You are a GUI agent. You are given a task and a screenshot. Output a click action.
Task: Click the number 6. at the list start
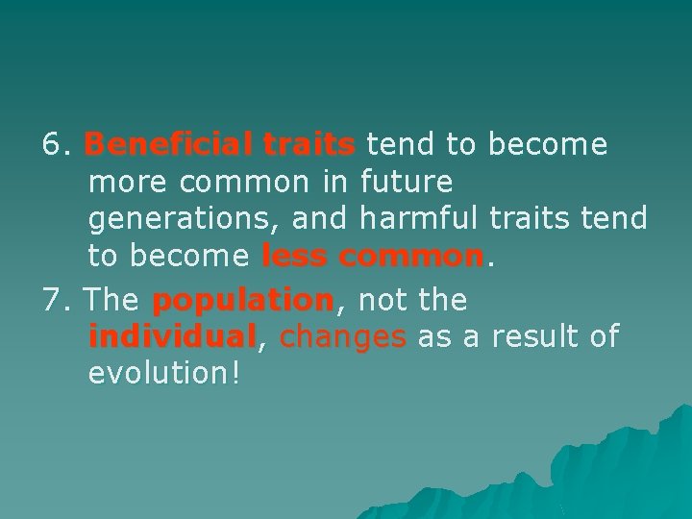pyautogui.click(x=59, y=145)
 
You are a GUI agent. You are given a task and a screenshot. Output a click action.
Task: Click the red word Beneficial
pyautogui.click(x=169, y=145)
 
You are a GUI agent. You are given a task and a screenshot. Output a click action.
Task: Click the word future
pyautogui.click(x=405, y=182)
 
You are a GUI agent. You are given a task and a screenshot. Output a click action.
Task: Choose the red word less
pyautogui.click(x=294, y=257)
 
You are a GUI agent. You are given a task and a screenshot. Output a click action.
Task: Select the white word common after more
pyautogui.click(x=251, y=182)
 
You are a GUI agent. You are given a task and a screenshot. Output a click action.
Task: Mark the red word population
pyautogui.click(x=242, y=301)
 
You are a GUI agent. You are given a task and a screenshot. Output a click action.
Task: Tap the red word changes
pyautogui.click(x=343, y=337)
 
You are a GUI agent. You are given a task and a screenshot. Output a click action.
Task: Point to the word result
pyautogui.click(x=522, y=337)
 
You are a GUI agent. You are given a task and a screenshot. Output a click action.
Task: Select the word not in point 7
pyautogui.click(x=381, y=301)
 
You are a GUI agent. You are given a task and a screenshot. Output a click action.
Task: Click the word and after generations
pyautogui.click(x=320, y=219)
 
